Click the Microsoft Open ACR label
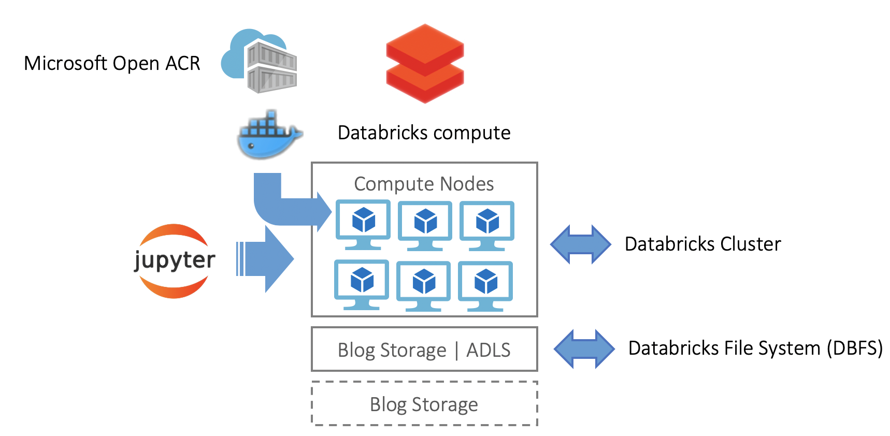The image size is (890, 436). pyautogui.click(x=112, y=63)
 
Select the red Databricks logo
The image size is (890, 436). pyautogui.click(x=425, y=63)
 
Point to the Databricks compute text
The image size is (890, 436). pyautogui.click(x=424, y=133)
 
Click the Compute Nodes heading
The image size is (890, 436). pyautogui.click(x=424, y=184)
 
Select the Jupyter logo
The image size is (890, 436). pyautogui.click(x=175, y=260)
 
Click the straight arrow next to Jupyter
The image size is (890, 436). pyautogui.click(x=267, y=258)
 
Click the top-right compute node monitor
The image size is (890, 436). pyautogui.click(x=487, y=224)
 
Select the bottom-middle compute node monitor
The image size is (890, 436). pyautogui.click(x=424, y=284)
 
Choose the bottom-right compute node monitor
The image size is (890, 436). pyautogui.click(x=485, y=284)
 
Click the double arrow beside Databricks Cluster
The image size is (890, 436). pyautogui.click(x=580, y=244)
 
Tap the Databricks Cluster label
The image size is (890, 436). pyautogui.click(x=702, y=244)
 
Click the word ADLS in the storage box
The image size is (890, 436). pyautogui.click(x=488, y=351)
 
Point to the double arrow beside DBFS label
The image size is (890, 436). pyautogui.click(x=584, y=349)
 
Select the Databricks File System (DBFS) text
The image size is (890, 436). pyautogui.click(x=755, y=348)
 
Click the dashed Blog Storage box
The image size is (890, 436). pyautogui.click(x=424, y=404)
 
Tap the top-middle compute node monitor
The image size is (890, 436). pyautogui.click(x=425, y=224)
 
